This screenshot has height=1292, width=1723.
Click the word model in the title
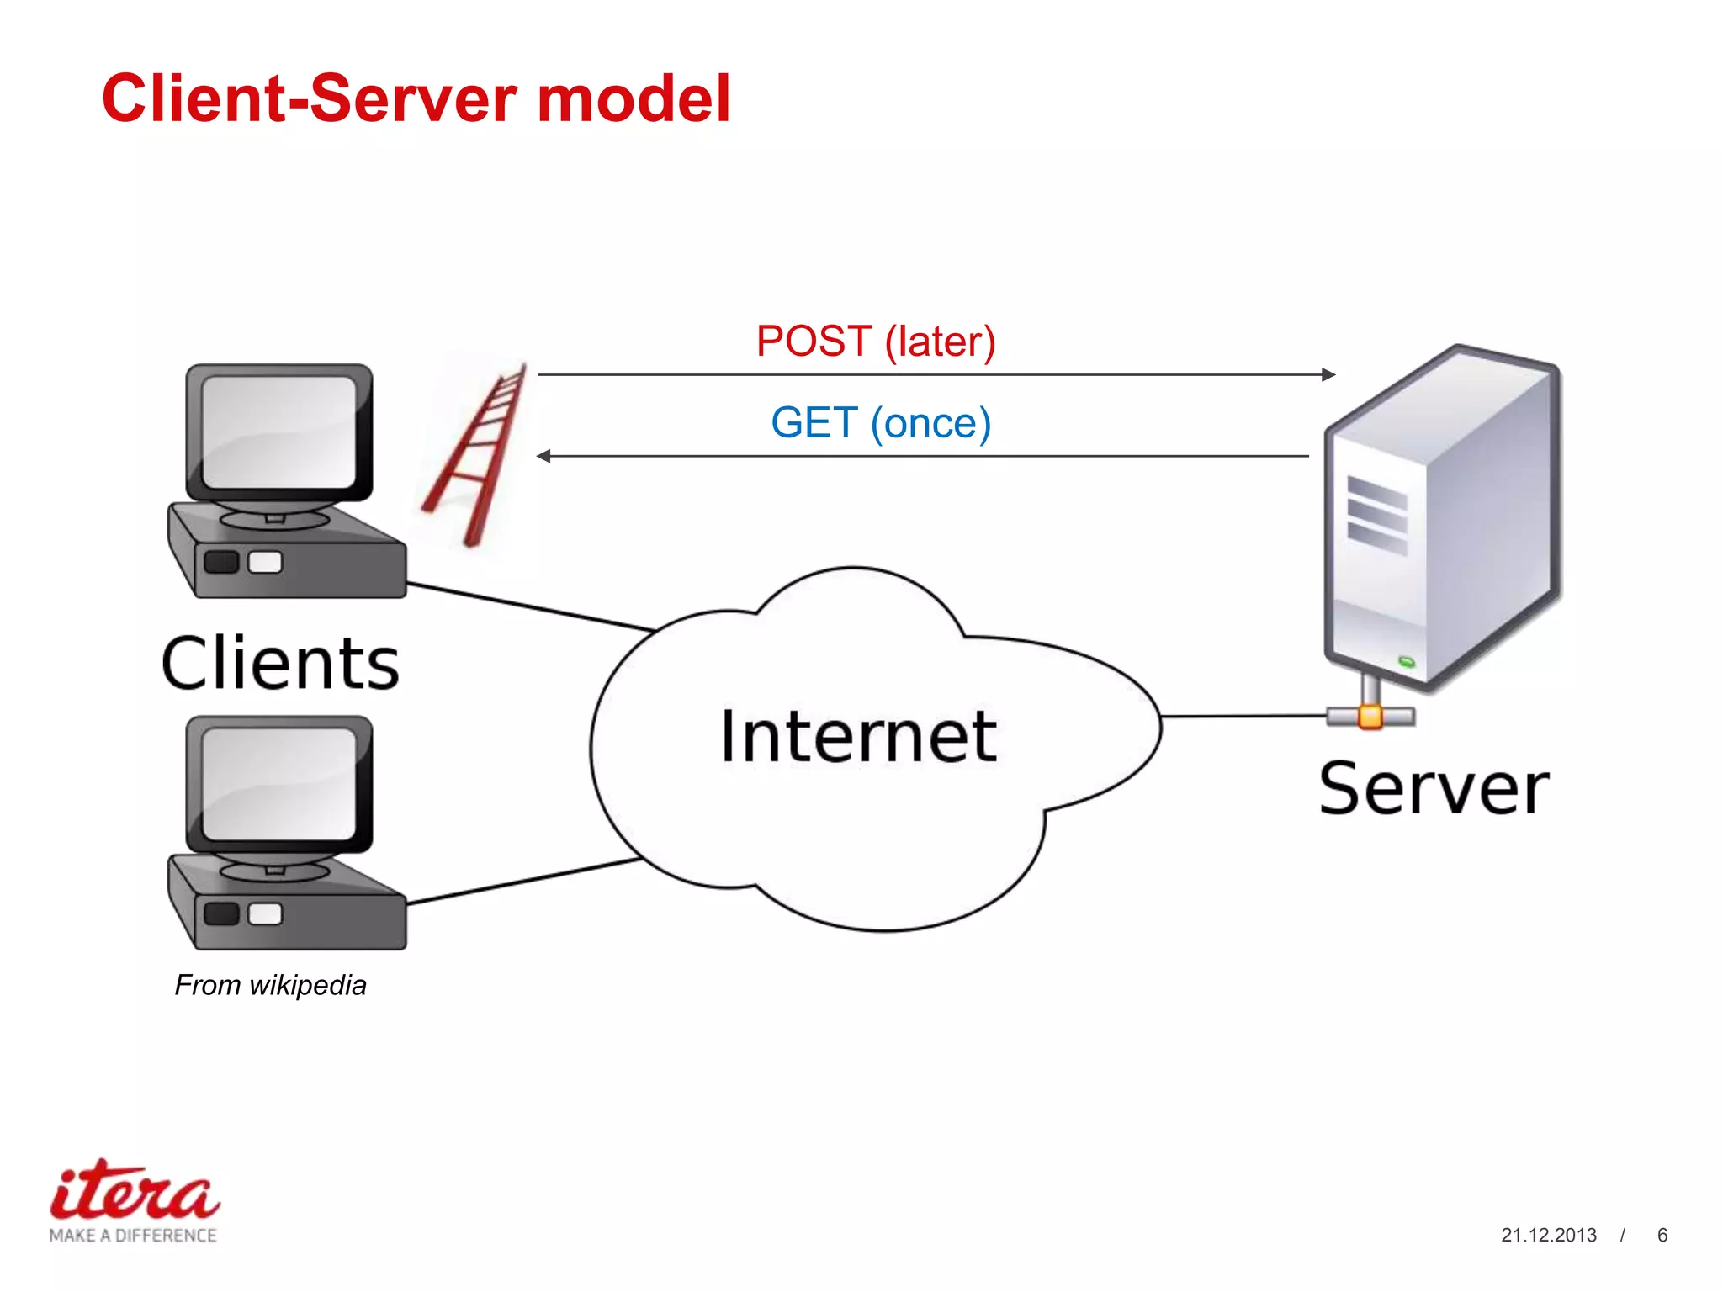coord(634,99)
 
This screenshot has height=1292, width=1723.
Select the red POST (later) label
coord(876,342)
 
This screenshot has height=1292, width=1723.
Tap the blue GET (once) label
coord(881,423)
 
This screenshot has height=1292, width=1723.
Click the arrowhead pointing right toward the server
coord(1328,374)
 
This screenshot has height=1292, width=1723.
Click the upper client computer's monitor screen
coord(279,431)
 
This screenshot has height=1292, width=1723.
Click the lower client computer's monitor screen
coord(279,783)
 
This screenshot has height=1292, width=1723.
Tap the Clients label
coord(280,665)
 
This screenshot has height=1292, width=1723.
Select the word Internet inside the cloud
coord(858,737)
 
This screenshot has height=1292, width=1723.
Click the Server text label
coord(1434,789)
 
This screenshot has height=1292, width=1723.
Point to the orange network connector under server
coord(1370,717)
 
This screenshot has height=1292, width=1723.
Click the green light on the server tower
coord(1406,662)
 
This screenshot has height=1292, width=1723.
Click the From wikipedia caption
coord(270,985)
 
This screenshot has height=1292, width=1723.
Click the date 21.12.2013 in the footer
coord(1548,1235)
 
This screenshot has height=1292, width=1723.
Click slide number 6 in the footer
coord(1662,1235)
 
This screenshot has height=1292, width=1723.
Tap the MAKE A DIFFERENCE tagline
coord(133,1235)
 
